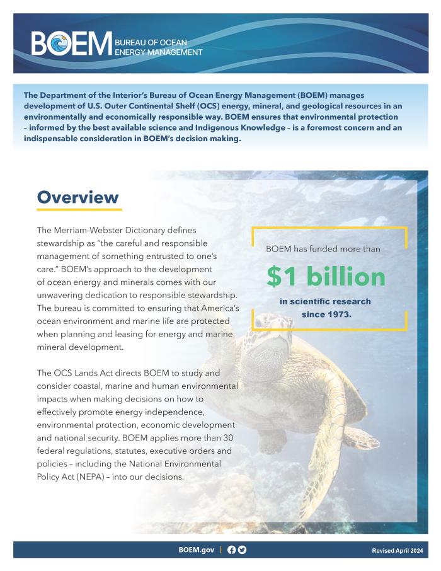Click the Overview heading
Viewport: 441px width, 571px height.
(77, 197)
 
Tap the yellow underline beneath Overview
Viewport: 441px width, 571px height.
(79, 209)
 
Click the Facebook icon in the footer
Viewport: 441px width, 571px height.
(231, 550)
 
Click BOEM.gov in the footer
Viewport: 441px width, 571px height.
(196, 550)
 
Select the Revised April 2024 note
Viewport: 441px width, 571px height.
(398, 550)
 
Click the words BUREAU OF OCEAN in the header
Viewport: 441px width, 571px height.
(151, 42)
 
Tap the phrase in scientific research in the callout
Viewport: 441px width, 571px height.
(325, 301)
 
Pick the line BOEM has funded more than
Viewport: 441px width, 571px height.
(323, 249)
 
